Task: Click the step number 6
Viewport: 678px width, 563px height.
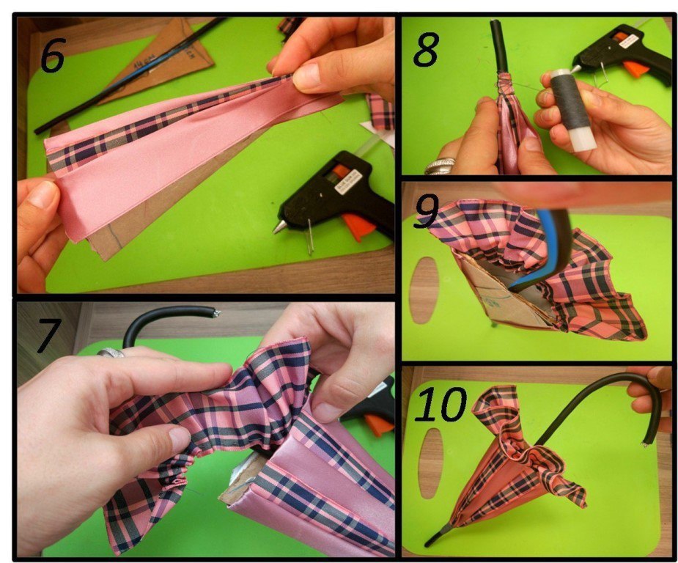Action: click(x=53, y=55)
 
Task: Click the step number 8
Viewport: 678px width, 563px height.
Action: click(x=427, y=50)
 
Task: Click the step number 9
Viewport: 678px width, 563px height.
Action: click(x=427, y=211)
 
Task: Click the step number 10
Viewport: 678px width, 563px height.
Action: click(x=441, y=404)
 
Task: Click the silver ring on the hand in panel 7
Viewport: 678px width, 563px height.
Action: click(x=111, y=353)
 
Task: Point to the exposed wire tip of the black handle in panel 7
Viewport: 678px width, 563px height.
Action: click(x=215, y=312)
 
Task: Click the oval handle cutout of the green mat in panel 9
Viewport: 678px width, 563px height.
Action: click(x=424, y=290)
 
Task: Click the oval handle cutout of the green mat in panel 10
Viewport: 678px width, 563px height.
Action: click(x=432, y=463)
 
